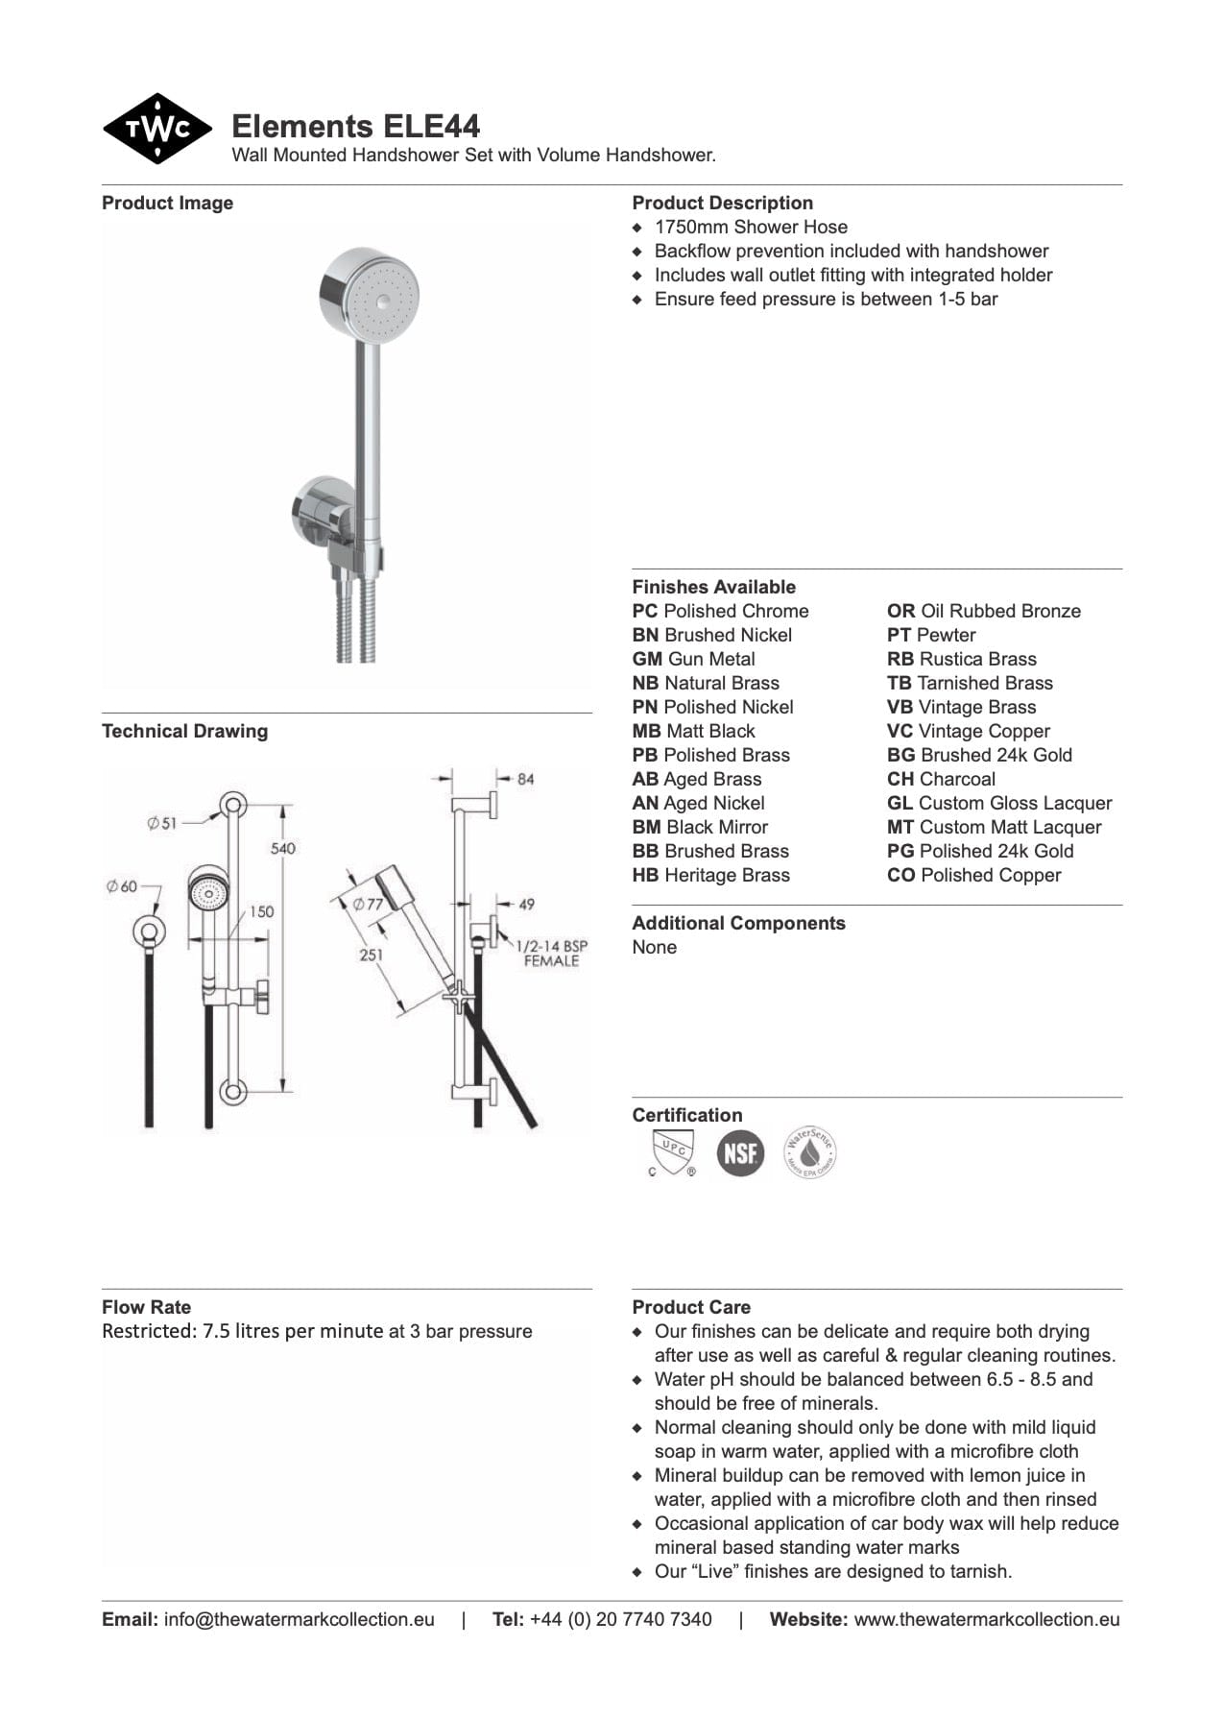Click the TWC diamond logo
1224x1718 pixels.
point(157,129)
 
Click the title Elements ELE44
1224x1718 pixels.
point(355,127)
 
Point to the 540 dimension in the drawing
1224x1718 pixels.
point(283,849)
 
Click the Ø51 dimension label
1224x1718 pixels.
point(162,823)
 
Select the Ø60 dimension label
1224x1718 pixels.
point(122,886)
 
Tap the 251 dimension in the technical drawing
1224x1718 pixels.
point(372,955)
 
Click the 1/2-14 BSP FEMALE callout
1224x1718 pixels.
point(551,953)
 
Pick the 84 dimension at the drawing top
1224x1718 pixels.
point(525,779)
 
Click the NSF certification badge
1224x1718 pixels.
point(740,1151)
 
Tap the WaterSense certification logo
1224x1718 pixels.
point(810,1151)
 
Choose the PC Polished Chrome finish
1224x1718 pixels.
point(720,612)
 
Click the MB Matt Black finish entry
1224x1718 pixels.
point(693,732)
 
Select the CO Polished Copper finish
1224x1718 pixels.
point(973,876)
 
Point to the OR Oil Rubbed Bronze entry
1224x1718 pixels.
point(983,612)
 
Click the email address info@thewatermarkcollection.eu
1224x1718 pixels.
point(299,1620)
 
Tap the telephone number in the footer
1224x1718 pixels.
point(620,1620)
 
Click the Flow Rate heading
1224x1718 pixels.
point(146,1307)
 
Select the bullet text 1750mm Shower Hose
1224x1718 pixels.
point(751,228)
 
